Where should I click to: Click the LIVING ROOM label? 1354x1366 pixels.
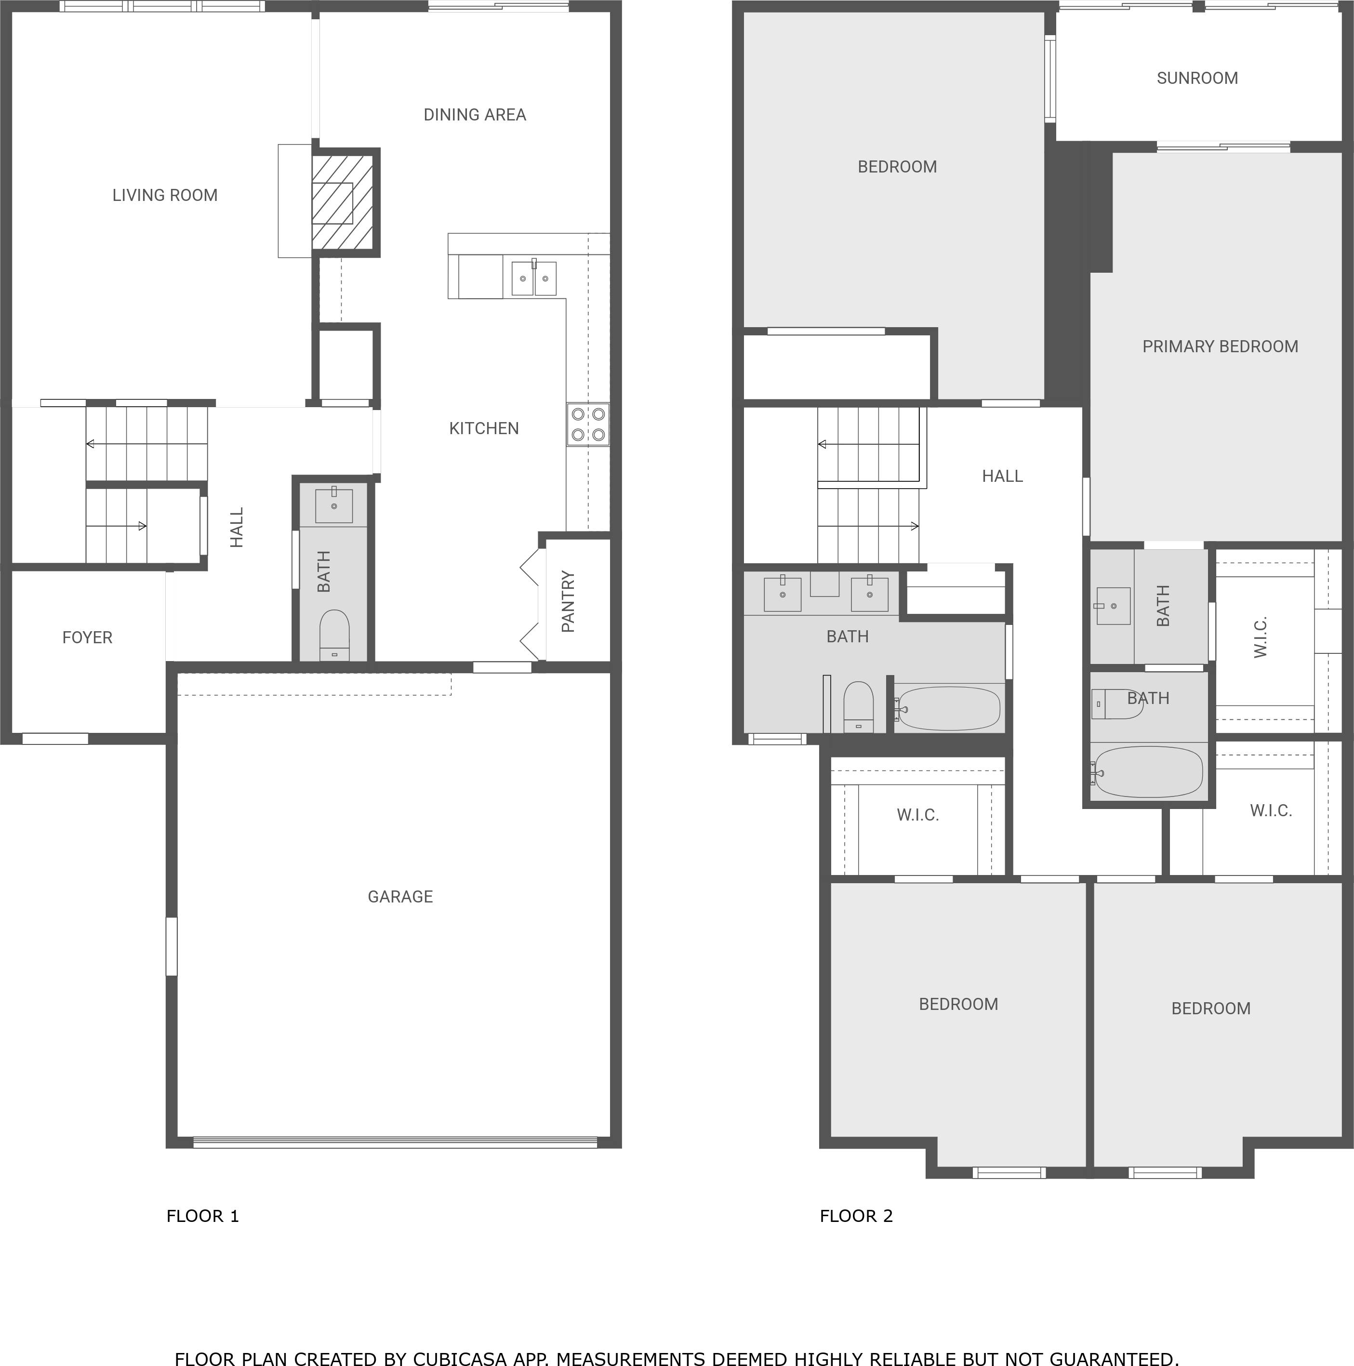(x=165, y=195)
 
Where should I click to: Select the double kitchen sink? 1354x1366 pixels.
(x=534, y=278)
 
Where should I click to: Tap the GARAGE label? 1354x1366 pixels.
(x=400, y=897)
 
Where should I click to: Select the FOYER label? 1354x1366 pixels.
(x=87, y=638)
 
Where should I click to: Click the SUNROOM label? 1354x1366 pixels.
(x=1197, y=79)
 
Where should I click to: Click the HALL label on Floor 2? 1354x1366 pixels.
(x=1002, y=477)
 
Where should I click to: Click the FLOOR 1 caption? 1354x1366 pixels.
(x=203, y=1216)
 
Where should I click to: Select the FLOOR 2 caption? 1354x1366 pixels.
(x=856, y=1216)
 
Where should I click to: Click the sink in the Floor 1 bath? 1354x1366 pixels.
(x=334, y=505)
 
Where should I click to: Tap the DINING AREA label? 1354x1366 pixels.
(x=475, y=115)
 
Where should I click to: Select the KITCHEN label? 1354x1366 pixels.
(x=484, y=428)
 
